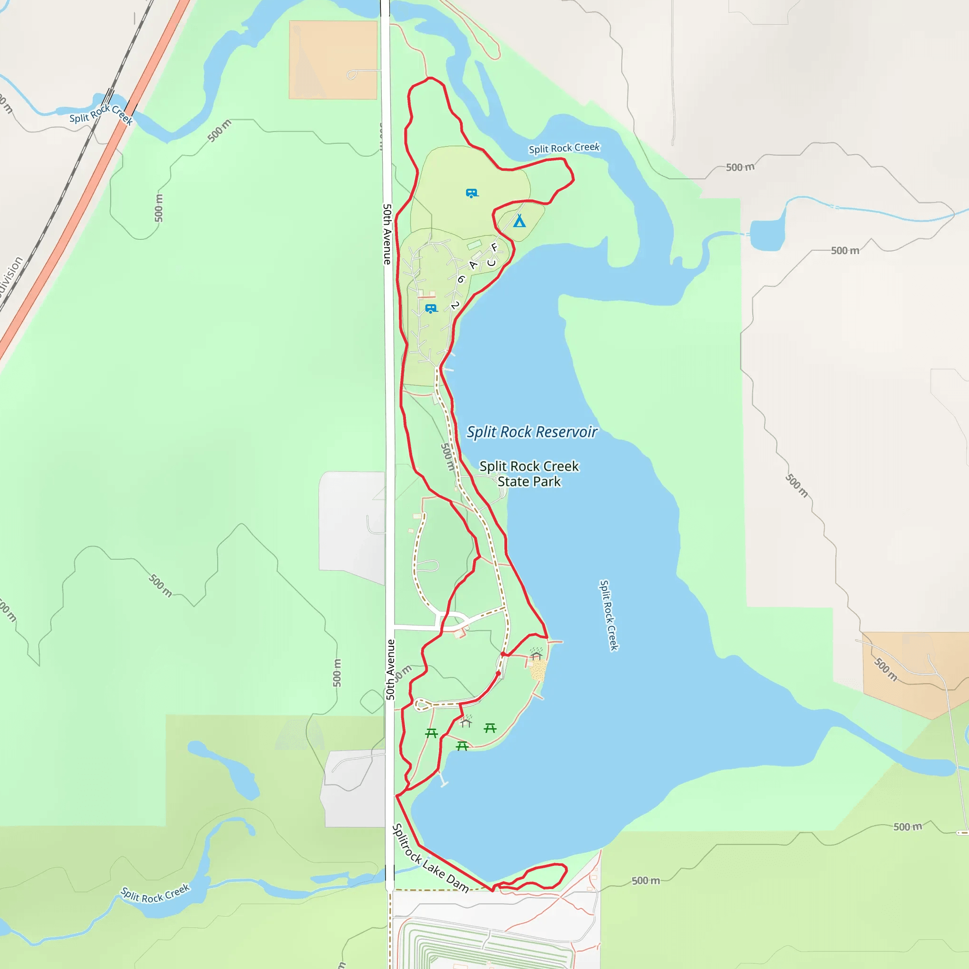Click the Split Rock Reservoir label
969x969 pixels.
click(x=532, y=432)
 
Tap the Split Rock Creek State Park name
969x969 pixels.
click(x=529, y=474)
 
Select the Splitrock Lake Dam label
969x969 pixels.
click(x=431, y=858)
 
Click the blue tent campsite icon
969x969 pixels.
click(x=519, y=220)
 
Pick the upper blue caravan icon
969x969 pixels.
click(x=471, y=193)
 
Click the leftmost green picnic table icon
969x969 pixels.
click(x=432, y=733)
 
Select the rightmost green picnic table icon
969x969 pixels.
click(x=490, y=728)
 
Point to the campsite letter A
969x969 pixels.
click(x=473, y=265)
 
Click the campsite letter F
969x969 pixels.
click(x=494, y=247)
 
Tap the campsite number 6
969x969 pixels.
click(x=461, y=279)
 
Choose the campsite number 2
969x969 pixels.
click(x=455, y=305)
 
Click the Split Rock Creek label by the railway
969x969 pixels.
click(x=101, y=115)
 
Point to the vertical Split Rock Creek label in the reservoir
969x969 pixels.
click(x=608, y=615)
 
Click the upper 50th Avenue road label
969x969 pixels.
click(x=387, y=234)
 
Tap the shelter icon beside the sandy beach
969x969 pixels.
click(x=536, y=654)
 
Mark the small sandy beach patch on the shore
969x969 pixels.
click(x=538, y=670)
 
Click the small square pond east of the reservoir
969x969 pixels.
click(x=767, y=235)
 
